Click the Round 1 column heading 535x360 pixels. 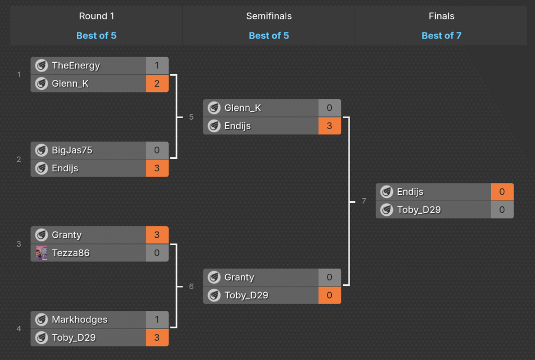tap(97, 16)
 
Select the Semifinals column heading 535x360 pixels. tap(269, 16)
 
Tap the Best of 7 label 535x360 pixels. tap(441, 36)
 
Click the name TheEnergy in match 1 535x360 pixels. tap(76, 66)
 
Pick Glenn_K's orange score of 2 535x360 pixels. tap(157, 84)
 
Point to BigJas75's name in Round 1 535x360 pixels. tap(72, 150)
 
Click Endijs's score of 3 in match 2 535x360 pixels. tap(157, 168)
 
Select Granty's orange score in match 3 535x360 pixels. tap(157, 235)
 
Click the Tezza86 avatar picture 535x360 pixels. tap(42, 253)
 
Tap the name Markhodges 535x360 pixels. tap(79, 320)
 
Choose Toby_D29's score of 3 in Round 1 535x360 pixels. tap(157, 338)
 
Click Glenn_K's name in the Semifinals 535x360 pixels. tap(243, 108)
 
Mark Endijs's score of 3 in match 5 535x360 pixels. tap(330, 126)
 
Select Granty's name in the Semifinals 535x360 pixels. tap(239, 277)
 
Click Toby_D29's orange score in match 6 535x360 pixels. tap(330, 295)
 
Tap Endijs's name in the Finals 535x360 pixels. tap(410, 192)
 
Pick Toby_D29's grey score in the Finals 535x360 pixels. tap(502, 210)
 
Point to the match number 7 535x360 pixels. tap(364, 201)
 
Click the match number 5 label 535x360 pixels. tap(191, 117)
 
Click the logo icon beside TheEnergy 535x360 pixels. tap(42, 66)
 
